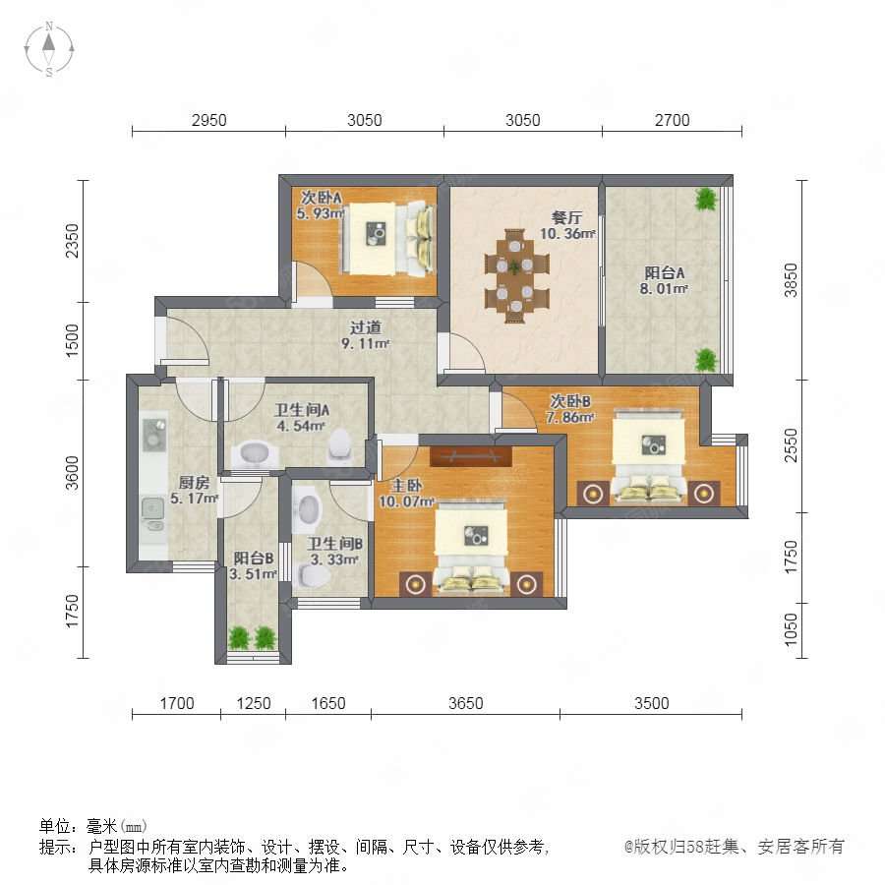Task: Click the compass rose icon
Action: [x=49, y=49]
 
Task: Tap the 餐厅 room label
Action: [x=566, y=217]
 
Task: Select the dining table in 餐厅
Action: [x=516, y=276]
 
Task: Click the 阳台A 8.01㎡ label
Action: [x=665, y=280]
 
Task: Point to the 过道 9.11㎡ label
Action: [x=365, y=335]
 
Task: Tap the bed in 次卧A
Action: [x=388, y=239]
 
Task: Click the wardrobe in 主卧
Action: [x=471, y=456]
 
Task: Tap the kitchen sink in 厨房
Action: [x=152, y=513]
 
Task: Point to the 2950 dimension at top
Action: [x=208, y=120]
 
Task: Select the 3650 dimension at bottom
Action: [x=466, y=703]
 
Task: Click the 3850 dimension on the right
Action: [x=792, y=280]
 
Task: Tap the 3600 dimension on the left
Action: [x=72, y=473]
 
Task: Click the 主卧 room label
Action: [x=406, y=486]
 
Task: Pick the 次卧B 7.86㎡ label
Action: [x=570, y=409]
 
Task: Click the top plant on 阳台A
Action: [x=705, y=199]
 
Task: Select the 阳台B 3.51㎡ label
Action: [x=254, y=566]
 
